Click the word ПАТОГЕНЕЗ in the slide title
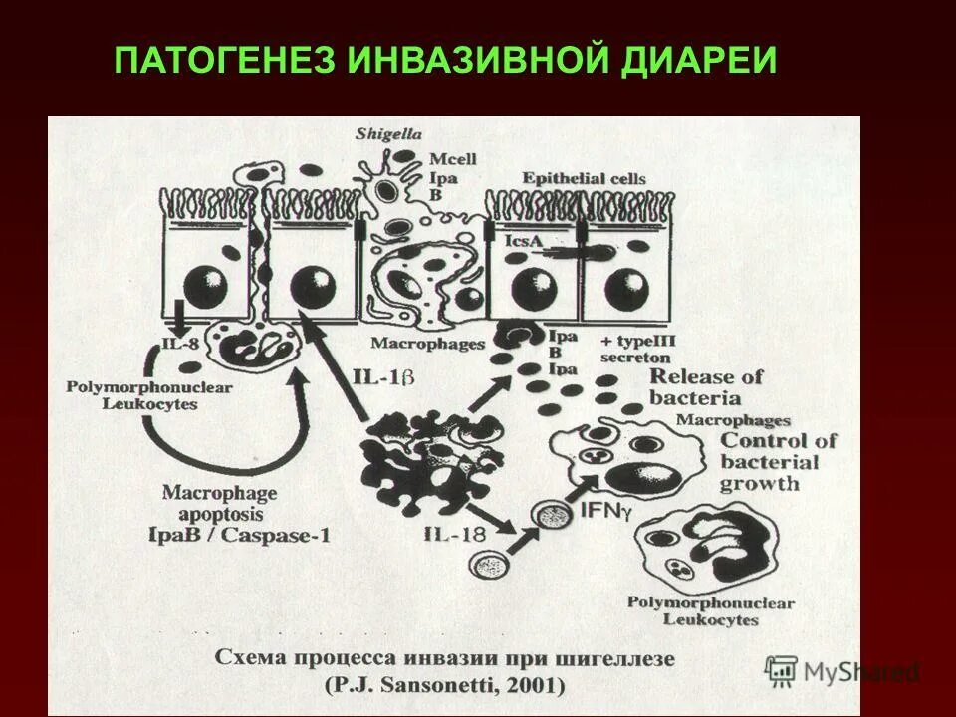tap(227, 62)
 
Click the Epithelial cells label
tap(585, 179)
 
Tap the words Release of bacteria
tap(706, 387)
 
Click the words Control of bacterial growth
tap(777, 462)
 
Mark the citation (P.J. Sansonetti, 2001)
tap(444, 685)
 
